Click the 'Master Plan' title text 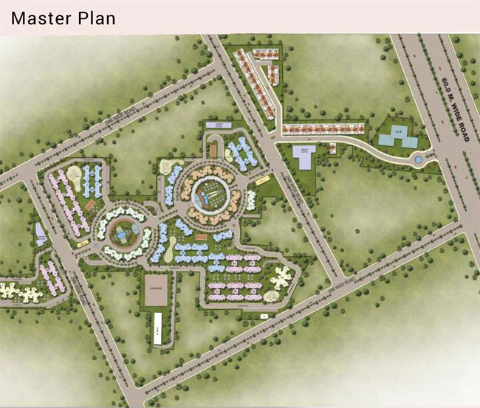(x=64, y=17)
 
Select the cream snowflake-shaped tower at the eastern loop (x=280, y=280)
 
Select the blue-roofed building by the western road (x=40, y=234)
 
